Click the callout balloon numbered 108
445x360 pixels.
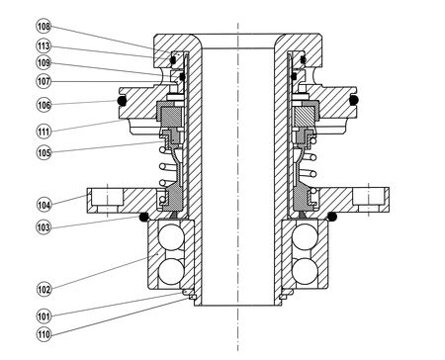[x=44, y=26]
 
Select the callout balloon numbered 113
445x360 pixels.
[x=44, y=45]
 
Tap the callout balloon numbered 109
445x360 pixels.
[x=44, y=63]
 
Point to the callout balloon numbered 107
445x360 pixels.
[x=44, y=81]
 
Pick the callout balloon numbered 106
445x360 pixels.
[x=44, y=105]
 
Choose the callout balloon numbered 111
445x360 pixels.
[x=44, y=132]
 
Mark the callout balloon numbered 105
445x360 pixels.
[x=44, y=152]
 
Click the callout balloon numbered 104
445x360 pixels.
[x=44, y=205]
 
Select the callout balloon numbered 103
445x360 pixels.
[x=44, y=227]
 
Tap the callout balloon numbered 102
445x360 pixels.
[x=44, y=290]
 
